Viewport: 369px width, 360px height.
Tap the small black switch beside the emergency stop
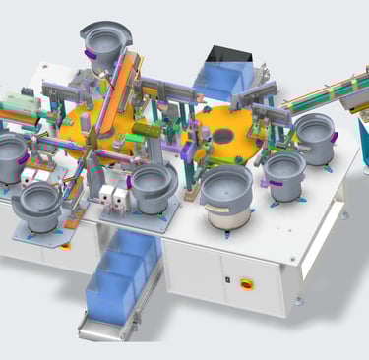click(228, 281)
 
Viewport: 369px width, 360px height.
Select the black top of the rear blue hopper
click(225, 55)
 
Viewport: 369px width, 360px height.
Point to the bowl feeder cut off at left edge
click(10, 155)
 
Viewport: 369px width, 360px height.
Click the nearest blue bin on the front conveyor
click(107, 295)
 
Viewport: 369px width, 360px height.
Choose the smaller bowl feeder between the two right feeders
click(284, 172)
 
